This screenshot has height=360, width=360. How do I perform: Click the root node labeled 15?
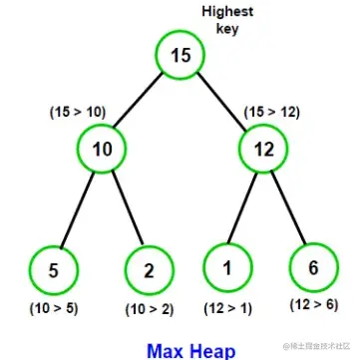click(180, 55)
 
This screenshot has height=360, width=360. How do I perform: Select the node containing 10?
click(102, 149)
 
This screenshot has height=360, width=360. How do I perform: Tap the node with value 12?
click(264, 149)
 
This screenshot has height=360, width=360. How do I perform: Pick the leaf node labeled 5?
click(54, 270)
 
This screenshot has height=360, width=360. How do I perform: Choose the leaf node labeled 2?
click(150, 270)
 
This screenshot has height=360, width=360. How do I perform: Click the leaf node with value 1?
click(227, 267)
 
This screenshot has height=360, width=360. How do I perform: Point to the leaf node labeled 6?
click(314, 267)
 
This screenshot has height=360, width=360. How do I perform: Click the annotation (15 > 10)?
click(78, 113)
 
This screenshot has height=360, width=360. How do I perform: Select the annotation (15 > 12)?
click(272, 113)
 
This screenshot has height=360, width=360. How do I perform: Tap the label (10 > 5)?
click(54, 309)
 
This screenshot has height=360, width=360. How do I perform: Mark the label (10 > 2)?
click(150, 310)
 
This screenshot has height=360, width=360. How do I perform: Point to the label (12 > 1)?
click(228, 309)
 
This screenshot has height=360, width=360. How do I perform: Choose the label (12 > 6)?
click(314, 304)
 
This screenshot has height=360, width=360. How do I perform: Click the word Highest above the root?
click(227, 12)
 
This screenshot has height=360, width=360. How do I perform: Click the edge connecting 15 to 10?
click(139, 100)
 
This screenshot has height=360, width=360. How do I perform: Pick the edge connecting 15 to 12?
click(222, 102)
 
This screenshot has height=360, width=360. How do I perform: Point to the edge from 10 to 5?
click(77, 209)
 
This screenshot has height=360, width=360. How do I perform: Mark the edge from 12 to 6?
click(288, 207)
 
